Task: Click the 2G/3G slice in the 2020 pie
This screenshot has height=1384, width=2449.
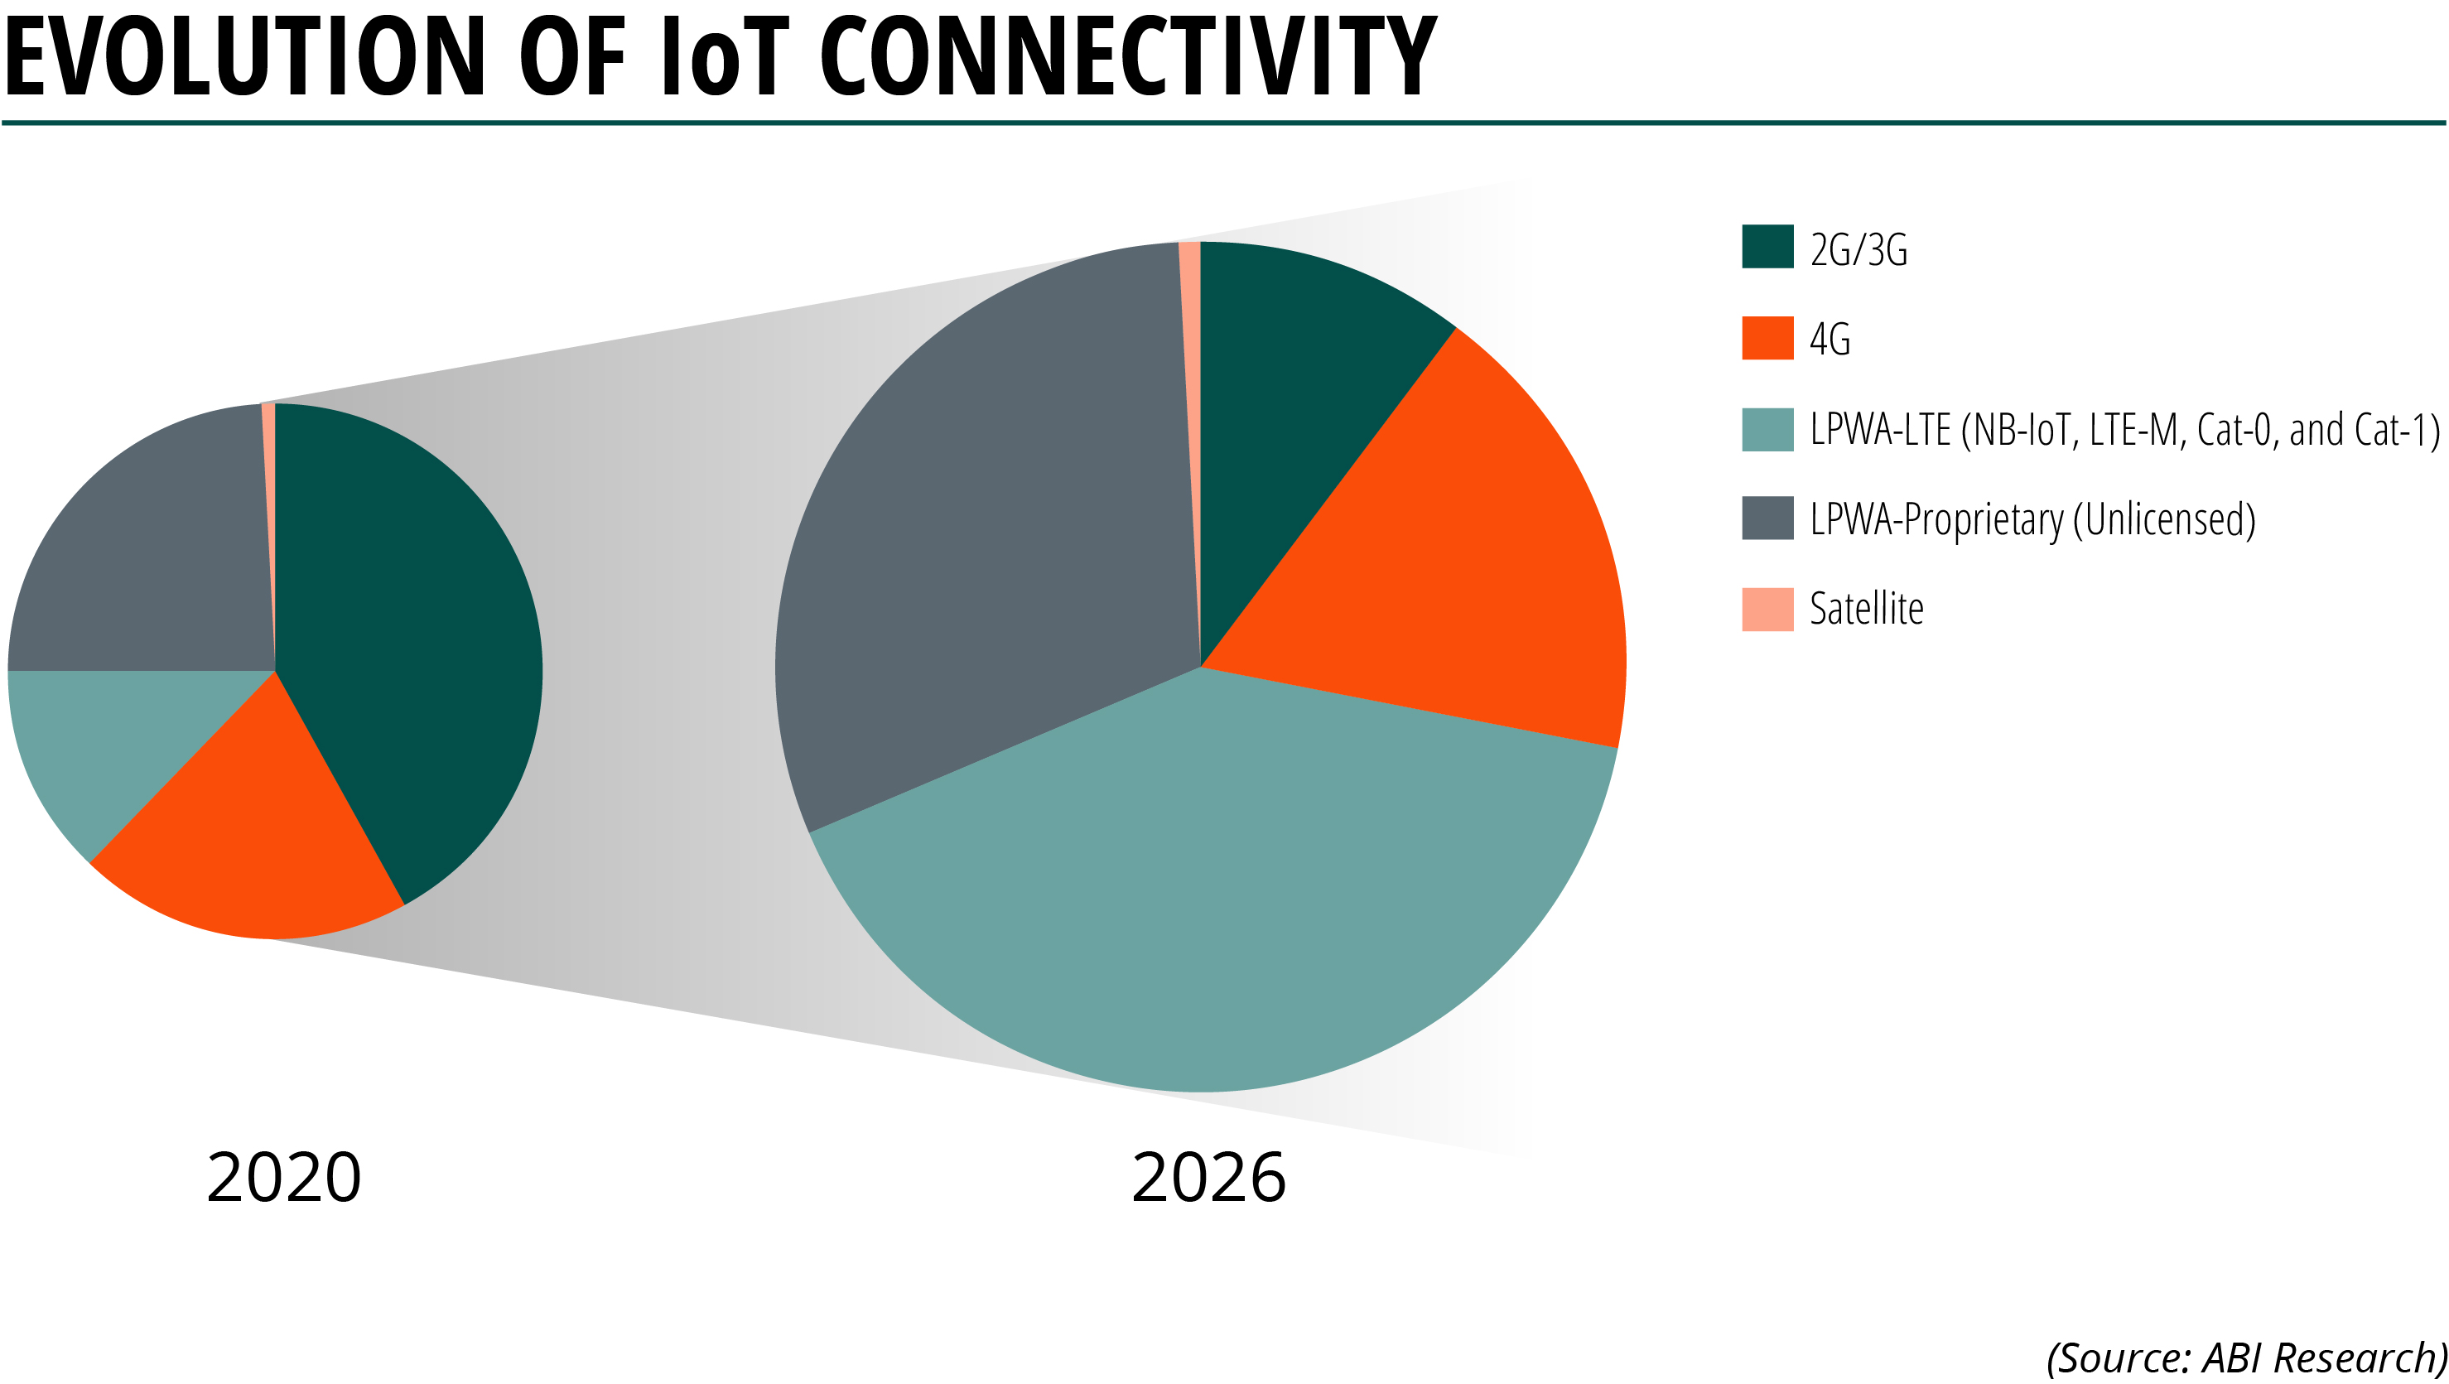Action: [x=409, y=646]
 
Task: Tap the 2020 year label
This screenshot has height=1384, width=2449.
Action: [x=283, y=1179]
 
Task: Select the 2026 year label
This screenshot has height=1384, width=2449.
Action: [x=1208, y=1179]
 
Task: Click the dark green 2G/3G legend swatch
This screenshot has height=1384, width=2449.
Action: [x=1767, y=247]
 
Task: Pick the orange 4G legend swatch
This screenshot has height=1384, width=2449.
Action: [x=1767, y=339]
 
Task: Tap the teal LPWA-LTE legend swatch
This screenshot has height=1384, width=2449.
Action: [x=1767, y=430]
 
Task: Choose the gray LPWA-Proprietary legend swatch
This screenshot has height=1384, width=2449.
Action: [x=1767, y=518]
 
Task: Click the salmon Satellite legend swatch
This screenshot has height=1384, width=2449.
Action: [x=1767, y=610]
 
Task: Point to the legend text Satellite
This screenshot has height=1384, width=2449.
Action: [x=1866, y=610]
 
